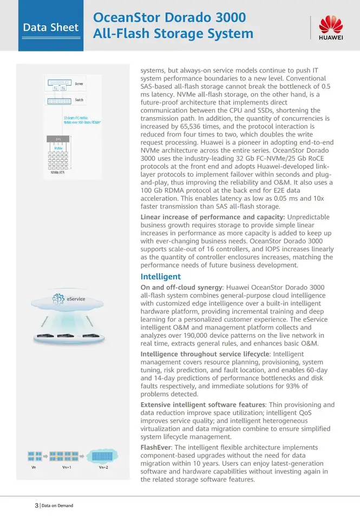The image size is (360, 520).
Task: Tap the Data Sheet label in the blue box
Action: pos(51,27)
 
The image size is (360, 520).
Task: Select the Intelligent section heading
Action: pos(161,277)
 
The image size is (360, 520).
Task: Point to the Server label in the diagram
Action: pos(79,84)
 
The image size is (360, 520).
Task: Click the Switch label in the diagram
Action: pos(79,100)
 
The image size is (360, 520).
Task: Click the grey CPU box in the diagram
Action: pos(58,139)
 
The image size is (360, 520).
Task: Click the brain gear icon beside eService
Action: pos(58,299)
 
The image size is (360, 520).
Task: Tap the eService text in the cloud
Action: pos(76,299)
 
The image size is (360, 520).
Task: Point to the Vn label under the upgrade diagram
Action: pos(35,467)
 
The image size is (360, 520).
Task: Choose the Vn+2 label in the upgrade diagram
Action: pos(103,467)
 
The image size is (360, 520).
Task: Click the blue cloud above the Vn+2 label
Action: pos(102,456)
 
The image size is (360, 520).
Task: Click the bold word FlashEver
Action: pos(156,447)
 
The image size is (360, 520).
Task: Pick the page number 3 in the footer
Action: pos(36,505)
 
